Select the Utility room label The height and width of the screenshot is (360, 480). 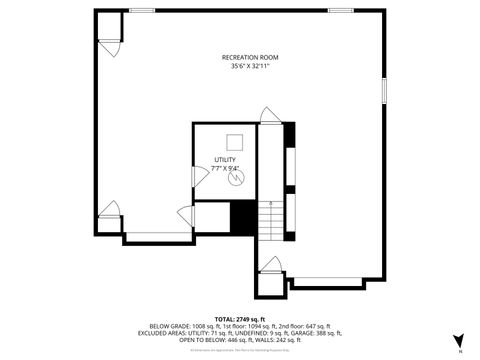click(224, 159)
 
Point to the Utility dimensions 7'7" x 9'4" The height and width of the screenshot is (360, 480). click(224, 168)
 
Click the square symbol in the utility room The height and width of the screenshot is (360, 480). click(236, 142)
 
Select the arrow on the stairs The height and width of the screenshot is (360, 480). click(270, 205)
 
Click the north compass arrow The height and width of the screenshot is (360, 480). click(458, 341)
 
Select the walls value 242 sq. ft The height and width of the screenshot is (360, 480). click(282, 339)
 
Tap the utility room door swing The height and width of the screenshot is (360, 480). click(186, 215)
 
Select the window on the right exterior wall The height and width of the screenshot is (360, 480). click(384, 89)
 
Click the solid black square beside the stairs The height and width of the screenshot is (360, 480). click(243, 218)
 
